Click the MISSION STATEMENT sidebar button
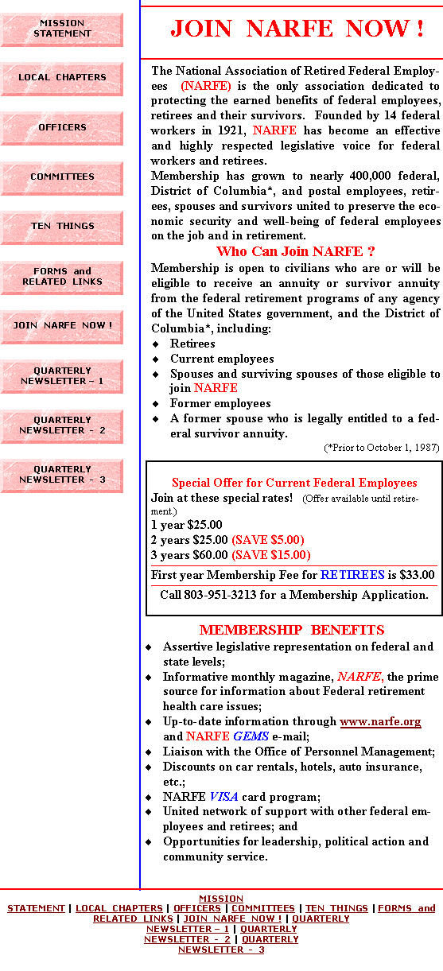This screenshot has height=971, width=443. pos(62,29)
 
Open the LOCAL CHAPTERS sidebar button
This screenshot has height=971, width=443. pos(62,79)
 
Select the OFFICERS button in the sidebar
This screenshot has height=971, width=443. pos(62,128)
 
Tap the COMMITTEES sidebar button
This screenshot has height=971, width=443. pos(62,178)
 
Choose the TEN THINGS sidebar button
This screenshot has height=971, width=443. pos(62,227)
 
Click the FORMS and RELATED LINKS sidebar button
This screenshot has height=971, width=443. pos(62,278)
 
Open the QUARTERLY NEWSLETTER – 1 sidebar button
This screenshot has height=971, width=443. pos(62,376)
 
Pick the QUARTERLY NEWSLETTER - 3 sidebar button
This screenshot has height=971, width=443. pos(62,476)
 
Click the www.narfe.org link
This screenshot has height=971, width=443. pos(380,721)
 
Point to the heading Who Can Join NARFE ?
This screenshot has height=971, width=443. pos(296,251)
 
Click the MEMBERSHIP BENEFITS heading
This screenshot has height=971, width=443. pos(292,630)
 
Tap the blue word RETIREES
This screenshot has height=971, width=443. pos(352,575)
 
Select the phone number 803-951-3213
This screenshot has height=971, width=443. pos(220,595)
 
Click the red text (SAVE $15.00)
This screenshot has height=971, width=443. pos(271,555)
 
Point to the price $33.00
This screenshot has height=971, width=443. pos(417,575)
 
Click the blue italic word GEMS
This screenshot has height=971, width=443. pos(251,736)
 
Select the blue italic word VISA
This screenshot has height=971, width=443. pos(223,797)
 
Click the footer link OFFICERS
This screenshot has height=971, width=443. pos(197,908)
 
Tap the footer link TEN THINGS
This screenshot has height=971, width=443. pos(336,908)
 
